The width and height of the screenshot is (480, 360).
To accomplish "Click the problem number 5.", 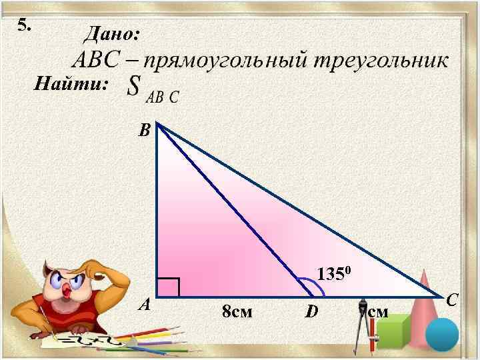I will click(24, 25).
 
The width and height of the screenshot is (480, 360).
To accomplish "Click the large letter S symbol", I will click(135, 87).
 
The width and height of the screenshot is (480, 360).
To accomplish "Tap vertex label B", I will click(144, 131).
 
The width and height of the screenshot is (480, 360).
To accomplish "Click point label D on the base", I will click(311, 311).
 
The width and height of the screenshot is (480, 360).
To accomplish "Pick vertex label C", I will click(451, 301).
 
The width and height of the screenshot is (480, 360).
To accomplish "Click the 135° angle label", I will click(339, 274).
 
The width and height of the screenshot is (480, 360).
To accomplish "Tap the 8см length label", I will click(237, 311).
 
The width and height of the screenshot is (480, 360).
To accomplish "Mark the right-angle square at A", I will click(169, 287).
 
